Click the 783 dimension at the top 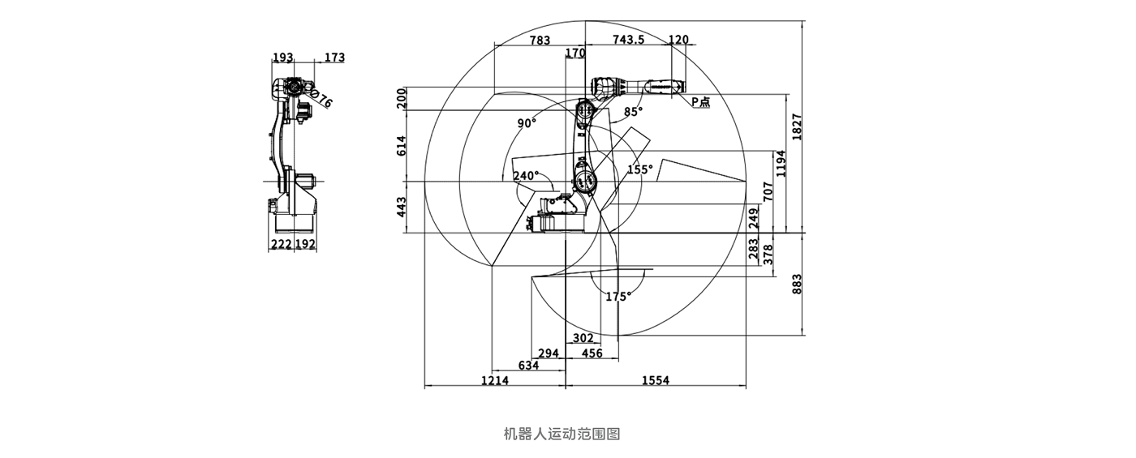[540, 40]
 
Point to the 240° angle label [526, 175]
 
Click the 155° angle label [640, 169]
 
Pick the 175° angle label [617, 297]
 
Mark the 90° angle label [527, 123]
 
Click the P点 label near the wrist [700, 102]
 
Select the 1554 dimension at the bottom [656, 380]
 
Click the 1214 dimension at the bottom [495, 380]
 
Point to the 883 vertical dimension [797, 283]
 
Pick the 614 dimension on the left [401, 146]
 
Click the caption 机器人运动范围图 [562, 434]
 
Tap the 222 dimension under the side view [282, 243]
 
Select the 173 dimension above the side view [334, 58]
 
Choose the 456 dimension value [593, 353]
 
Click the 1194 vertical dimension [781, 163]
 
